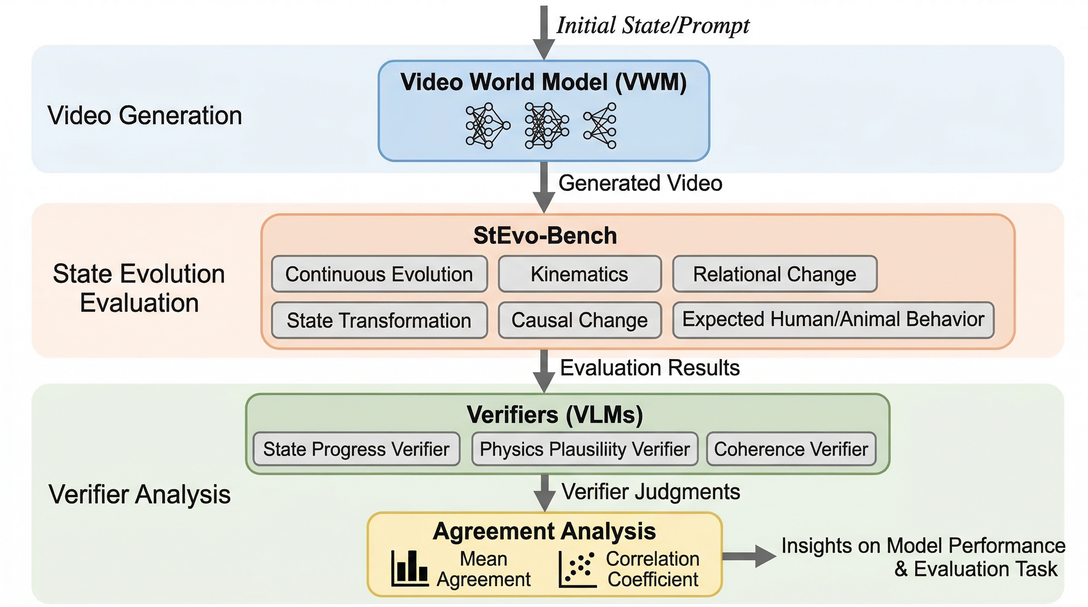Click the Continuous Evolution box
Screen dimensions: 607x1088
[x=379, y=274]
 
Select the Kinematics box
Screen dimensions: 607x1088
[x=580, y=274]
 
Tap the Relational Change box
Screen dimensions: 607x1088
[x=774, y=274]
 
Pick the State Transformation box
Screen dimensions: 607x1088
[x=379, y=320]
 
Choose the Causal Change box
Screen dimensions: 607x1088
[x=580, y=320]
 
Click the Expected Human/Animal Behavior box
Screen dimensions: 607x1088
[x=833, y=320]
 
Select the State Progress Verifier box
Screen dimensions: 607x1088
[x=356, y=449]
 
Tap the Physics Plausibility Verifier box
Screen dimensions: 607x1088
[x=585, y=449]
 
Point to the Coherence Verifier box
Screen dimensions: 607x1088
[x=791, y=449]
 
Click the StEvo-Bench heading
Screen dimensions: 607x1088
[x=545, y=235]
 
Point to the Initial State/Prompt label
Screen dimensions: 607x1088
[x=653, y=25]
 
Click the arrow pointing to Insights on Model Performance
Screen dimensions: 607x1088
[x=749, y=556]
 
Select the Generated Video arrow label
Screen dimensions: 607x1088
[x=640, y=183]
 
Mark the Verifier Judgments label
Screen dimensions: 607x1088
[x=650, y=492]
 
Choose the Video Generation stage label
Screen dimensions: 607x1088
[x=144, y=115]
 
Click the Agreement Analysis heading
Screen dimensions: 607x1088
[x=544, y=531]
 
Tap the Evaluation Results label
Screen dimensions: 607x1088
[x=650, y=368]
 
